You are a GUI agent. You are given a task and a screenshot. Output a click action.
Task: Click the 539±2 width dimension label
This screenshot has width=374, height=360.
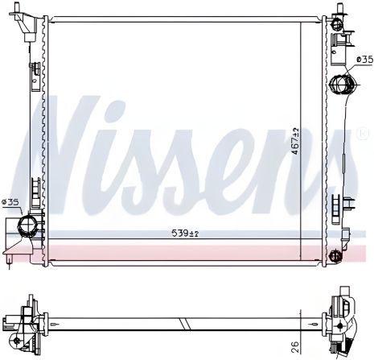(x=185, y=234)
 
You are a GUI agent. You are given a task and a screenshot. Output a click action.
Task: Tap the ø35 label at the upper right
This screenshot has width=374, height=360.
(x=363, y=59)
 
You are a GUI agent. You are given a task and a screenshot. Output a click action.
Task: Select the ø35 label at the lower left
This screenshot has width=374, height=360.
(x=12, y=202)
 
